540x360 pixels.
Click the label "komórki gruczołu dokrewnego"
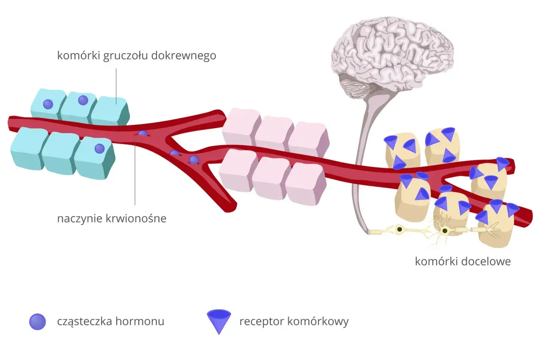click(x=137, y=56)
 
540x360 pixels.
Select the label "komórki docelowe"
click(x=463, y=261)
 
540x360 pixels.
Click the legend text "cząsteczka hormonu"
click(x=111, y=322)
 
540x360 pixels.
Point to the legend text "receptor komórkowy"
click(x=294, y=322)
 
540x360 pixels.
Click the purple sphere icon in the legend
click(x=37, y=322)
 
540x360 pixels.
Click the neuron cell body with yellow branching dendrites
click(x=444, y=230)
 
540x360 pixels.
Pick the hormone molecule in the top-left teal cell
click(x=49, y=103)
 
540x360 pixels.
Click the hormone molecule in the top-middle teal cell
click(x=83, y=100)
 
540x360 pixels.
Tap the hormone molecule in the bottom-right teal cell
click(x=99, y=149)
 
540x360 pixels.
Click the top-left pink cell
click(x=241, y=126)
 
